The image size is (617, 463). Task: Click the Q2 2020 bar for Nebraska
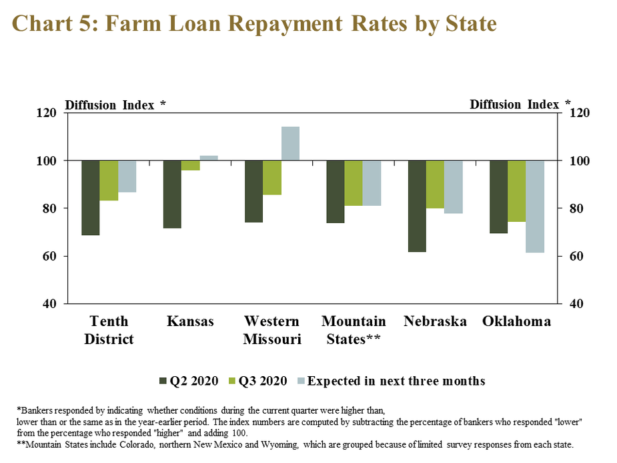pos(417,206)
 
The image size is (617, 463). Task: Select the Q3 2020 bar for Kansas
pos(191,166)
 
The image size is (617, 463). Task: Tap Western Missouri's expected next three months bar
pos(290,144)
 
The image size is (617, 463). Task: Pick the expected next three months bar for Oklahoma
pos(535,206)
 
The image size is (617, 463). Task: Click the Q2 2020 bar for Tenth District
pos(91,198)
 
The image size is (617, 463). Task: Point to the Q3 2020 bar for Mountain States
pos(354,183)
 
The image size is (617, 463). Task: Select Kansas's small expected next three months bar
pos(209,158)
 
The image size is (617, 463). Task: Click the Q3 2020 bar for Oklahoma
pos(517,191)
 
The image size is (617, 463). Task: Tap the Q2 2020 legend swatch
pos(163,381)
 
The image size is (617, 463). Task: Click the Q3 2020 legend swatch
pos(231,381)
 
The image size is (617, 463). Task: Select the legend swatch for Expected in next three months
pos(301,381)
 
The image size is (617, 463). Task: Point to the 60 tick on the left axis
pos(49,256)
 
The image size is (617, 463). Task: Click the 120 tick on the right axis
pos(580,113)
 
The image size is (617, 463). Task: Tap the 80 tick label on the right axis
pos(576,208)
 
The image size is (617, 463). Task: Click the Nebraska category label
pos(435,321)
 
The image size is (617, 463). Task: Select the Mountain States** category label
pos(354,330)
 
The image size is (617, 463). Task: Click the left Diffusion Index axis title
pos(115,105)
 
